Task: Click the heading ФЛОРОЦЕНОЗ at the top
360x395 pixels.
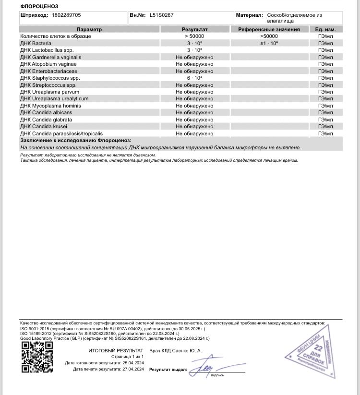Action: (39, 6)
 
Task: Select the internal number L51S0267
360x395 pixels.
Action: (162, 15)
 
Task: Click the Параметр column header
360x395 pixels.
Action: (89, 29)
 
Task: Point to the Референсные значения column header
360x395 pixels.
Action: (269, 29)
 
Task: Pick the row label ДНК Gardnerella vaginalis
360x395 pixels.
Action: (50, 57)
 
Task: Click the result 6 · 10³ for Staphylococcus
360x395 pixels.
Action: (194, 78)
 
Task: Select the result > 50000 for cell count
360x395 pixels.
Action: (194, 36)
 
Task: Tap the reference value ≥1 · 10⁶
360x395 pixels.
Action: (269, 43)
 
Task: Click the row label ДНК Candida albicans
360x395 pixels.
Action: (47, 113)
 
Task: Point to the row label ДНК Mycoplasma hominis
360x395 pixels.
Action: (50, 106)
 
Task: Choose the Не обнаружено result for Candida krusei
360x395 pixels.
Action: (194, 127)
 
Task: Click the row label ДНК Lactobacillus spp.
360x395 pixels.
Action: (47, 50)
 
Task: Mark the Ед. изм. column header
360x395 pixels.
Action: (325, 29)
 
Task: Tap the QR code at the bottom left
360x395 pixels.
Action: (37, 357)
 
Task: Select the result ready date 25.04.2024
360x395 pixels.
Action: (132, 363)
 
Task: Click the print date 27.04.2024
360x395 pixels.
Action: (132, 369)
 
